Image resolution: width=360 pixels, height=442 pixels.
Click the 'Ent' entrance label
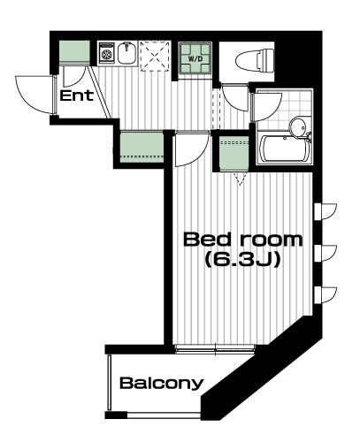click(x=77, y=96)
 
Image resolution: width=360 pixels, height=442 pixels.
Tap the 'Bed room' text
click(x=243, y=240)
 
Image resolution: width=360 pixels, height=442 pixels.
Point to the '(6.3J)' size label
click(x=242, y=260)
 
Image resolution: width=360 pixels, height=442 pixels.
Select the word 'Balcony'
click(x=162, y=383)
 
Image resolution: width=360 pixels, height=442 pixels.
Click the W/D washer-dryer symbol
click(x=195, y=58)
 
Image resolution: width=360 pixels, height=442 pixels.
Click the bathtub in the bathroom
click(x=284, y=149)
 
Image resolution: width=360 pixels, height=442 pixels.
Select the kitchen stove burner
click(x=106, y=53)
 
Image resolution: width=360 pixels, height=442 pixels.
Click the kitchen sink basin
click(x=127, y=53)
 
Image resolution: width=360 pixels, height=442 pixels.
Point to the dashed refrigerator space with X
click(x=155, y=56)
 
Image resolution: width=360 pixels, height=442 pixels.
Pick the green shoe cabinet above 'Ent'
click(x=74, y=51)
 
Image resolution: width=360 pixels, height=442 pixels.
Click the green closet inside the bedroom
click(x=234, y=153)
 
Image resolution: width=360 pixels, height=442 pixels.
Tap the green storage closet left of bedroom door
click(x=142, y=147)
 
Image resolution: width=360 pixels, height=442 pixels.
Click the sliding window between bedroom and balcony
click(x=215, y=348)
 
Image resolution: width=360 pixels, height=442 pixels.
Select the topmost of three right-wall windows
click(x=326, y=211)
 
